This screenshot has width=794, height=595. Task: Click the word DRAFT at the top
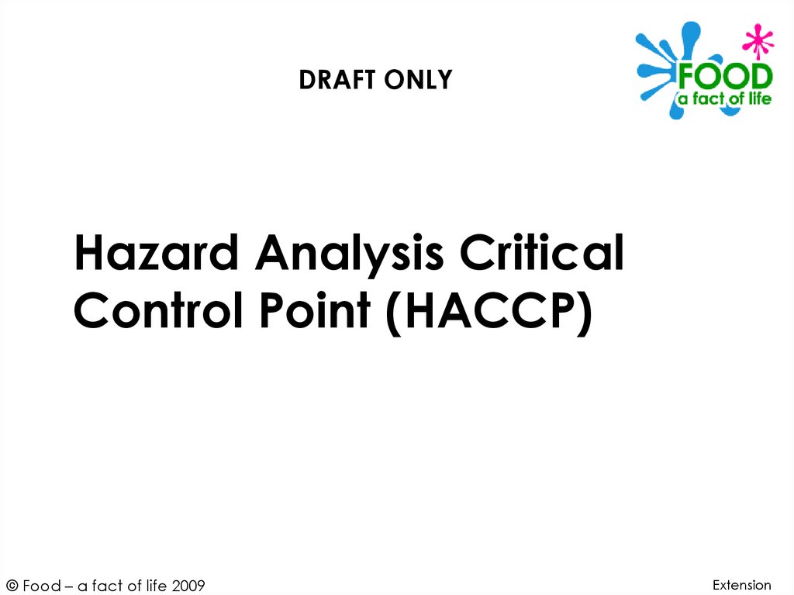(334, 80)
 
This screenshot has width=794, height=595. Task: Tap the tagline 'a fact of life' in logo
(725, 99)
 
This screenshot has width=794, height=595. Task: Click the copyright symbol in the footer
(12, 586)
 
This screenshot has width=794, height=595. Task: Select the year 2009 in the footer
(188, 586)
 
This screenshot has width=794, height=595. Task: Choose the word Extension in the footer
(742, 585)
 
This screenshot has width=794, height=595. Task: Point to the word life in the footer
(155, 586)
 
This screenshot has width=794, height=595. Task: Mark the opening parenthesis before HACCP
(396, 313)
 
